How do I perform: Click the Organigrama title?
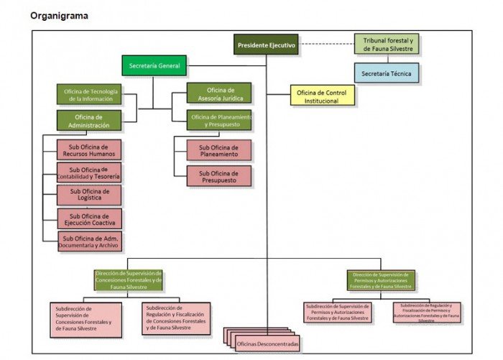[59, 15]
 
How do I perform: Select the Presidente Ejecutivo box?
[266, 45]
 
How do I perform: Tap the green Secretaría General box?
[154, 66]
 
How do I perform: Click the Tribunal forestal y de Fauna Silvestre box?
[387, 45]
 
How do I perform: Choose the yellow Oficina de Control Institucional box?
[323, 96]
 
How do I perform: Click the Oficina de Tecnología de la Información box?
[88, 94]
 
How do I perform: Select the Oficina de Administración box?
[88, 121]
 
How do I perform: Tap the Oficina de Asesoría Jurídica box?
[219, 93]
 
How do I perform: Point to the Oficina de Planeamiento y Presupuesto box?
[219, 120]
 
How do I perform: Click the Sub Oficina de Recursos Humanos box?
[90, 149]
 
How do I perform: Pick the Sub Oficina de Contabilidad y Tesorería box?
[90, 172]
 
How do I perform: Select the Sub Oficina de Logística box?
[90, 195]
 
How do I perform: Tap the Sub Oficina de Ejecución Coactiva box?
[90, 218]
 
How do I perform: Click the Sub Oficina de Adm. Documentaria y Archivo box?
[90, 241]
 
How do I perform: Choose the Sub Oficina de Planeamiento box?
[219, 149]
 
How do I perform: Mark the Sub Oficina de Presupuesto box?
[219, 176]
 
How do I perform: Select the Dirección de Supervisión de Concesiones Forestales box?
[129, 280]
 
